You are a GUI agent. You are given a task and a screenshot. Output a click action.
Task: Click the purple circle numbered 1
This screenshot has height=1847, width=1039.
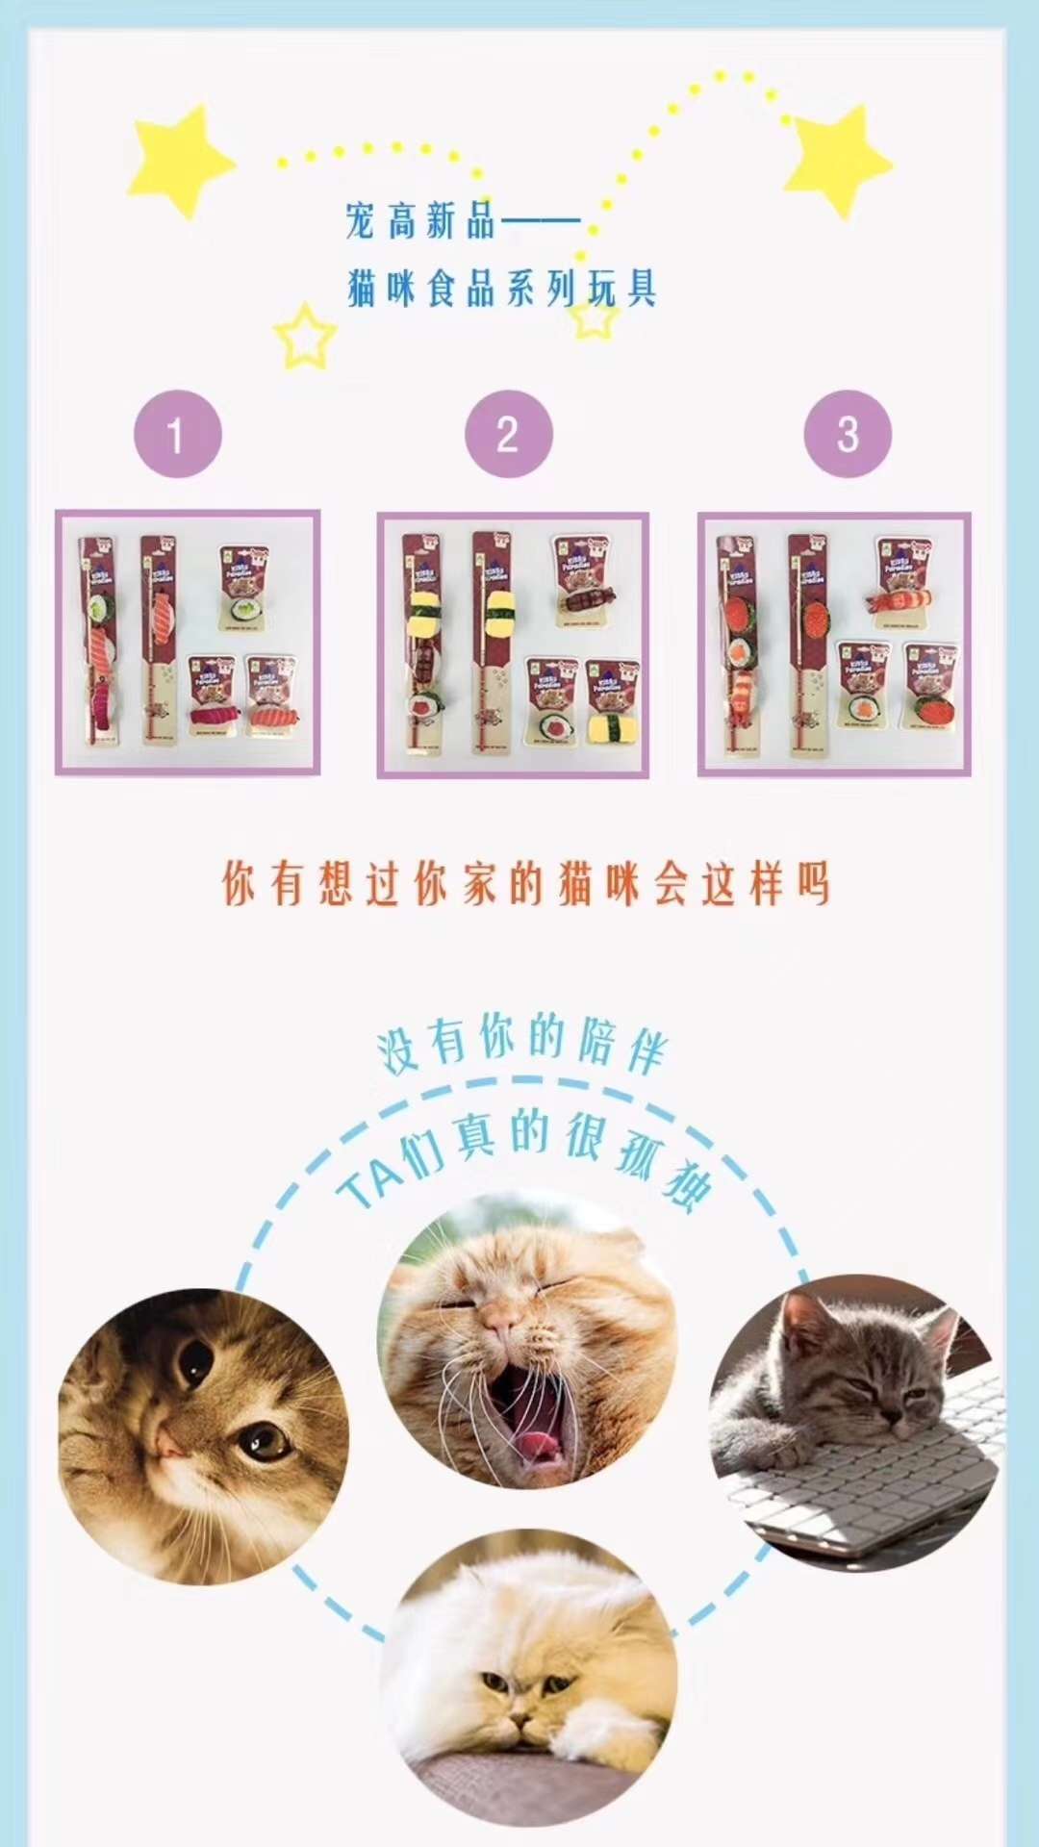177,434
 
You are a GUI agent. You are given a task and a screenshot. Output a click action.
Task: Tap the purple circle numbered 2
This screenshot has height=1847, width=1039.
508,434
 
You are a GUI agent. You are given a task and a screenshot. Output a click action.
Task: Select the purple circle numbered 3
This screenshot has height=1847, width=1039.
847,434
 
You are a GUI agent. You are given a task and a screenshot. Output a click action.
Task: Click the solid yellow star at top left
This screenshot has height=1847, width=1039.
180,159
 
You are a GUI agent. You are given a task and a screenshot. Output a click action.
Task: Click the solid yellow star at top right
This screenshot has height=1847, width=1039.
837,159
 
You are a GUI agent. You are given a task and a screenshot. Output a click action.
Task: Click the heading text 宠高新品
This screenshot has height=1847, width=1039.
420,221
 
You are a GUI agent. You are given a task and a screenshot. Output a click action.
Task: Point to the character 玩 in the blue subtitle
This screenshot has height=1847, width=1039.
603,289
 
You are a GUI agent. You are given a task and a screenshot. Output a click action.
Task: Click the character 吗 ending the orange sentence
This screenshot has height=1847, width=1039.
813,883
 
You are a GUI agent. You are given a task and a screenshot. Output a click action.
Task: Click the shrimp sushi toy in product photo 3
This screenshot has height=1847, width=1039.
900,601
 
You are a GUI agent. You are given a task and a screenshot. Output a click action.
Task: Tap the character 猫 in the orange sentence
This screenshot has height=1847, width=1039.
574,883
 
